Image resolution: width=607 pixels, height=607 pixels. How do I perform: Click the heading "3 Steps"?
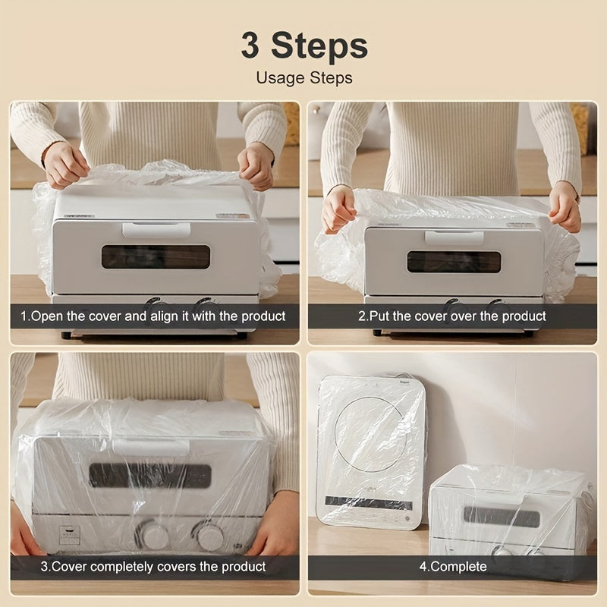point(303,45)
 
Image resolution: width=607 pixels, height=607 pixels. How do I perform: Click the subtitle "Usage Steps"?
point(303,77)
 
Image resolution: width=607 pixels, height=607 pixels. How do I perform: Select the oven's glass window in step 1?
point(156,257)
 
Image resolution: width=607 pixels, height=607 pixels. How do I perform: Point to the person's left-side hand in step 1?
point(66,164)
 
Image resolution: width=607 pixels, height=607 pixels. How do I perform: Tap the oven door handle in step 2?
point(454,237)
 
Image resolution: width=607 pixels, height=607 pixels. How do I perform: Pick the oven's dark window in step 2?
point(454,262)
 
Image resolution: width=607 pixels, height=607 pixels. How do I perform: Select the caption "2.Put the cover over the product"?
point(451,316)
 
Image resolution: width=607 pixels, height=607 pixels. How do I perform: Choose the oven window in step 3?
point(150,475)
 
